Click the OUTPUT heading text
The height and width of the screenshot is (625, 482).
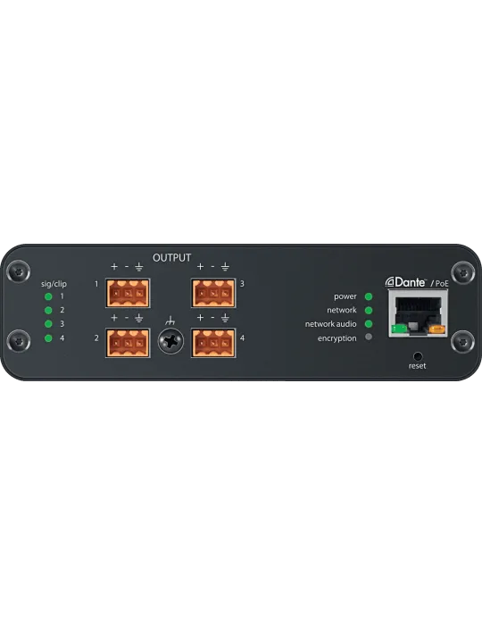171,258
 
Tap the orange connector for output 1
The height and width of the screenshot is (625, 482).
128,293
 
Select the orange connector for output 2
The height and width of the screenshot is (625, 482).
128,343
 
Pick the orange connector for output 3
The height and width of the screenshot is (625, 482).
213,293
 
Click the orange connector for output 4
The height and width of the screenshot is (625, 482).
213,343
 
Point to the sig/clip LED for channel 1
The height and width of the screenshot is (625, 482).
48,296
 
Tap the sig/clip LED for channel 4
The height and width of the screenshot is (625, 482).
48,338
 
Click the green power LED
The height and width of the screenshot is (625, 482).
369,296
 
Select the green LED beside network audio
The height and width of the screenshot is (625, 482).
369,324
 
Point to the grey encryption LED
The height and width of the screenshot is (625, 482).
369,337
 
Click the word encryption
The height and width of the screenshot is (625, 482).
337,338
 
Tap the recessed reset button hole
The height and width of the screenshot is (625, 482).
418,356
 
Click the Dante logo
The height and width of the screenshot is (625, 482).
405,282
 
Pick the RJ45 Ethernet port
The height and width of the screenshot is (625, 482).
418,313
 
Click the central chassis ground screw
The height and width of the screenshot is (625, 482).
170,341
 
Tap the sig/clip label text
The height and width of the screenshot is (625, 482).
54,284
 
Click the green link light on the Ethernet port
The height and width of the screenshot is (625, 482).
399,329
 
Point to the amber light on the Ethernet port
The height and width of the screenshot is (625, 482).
437,329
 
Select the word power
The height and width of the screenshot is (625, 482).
345,297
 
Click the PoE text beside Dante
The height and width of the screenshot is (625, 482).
442,283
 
